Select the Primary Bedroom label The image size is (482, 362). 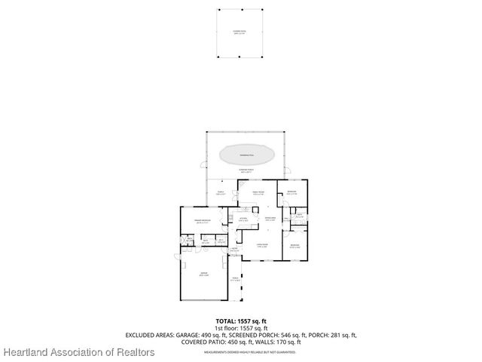(201, 222)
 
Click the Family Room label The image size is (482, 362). (257, 194)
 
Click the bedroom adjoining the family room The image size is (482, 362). (292, 193)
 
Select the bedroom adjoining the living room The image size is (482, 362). (295, 246)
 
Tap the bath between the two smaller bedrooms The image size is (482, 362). (300, 216)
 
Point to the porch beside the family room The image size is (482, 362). (221, 194)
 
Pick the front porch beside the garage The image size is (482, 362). (235, 280)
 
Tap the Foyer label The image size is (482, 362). (235, 250)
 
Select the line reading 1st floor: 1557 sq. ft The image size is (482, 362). (241, 328)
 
